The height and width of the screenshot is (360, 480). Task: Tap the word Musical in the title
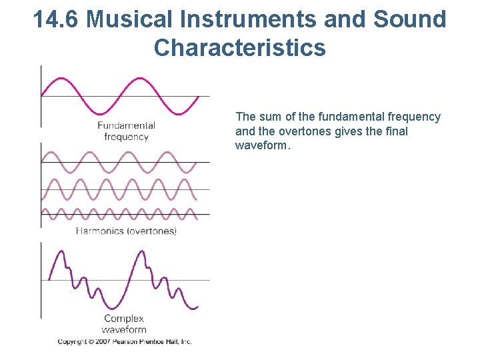click(127, 19)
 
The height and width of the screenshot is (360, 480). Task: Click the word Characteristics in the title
click(240, 47)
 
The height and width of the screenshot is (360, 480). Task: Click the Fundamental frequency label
click(126, 131)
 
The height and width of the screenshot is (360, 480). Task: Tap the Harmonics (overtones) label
click(126, 231)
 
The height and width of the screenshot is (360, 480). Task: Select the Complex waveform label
click(124, 323)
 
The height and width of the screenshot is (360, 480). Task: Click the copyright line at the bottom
click(125, 341)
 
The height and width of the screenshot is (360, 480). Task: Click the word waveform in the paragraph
click(261, 145)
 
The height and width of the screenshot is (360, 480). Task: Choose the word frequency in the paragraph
click(415, 117)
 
